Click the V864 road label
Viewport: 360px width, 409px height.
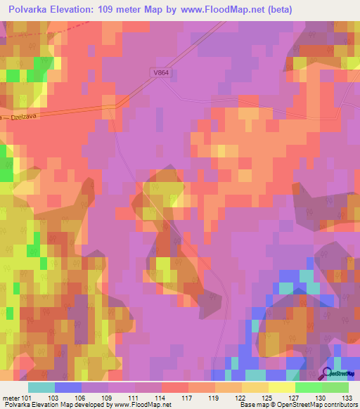(x=162, y=72)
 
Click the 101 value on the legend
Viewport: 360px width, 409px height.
(x=27, y=398)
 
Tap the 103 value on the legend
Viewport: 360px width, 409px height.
(x=53, y=398)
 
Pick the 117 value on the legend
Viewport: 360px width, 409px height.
(x=188, y=398)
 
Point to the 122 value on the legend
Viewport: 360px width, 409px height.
(x=240, y=398)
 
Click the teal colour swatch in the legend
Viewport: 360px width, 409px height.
(x=41, y=387)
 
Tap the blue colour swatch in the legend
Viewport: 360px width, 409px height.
(x=68, y=387)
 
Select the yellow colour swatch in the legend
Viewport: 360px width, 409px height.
(x=282, y=387)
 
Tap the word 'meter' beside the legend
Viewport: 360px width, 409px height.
(x=10, y=398)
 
